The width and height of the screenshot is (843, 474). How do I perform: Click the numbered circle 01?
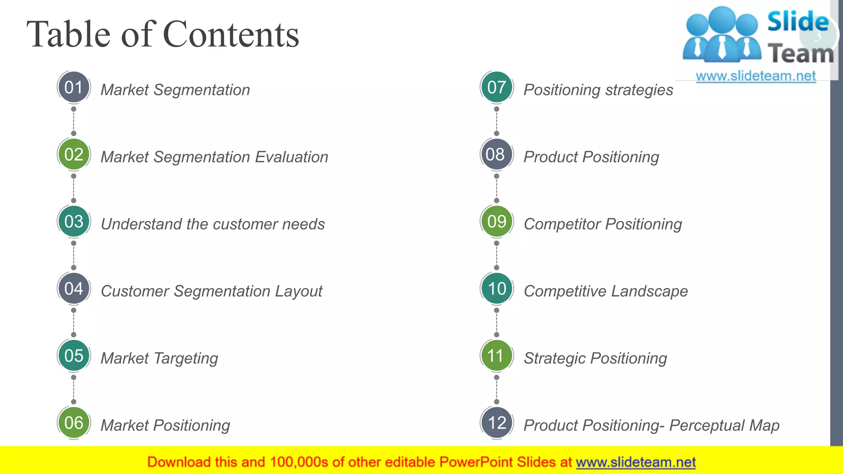74,87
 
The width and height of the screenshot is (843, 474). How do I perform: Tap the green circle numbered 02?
74,154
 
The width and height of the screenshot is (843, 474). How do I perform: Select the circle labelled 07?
496,87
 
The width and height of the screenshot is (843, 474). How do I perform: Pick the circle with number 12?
496,423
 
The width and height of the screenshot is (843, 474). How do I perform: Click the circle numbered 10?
496,288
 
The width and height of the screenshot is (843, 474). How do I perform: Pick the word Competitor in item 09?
562,224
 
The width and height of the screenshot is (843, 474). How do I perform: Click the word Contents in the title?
231,35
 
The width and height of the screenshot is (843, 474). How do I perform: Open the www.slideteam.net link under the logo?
756,76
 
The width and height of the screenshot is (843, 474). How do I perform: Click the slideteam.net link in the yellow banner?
636,462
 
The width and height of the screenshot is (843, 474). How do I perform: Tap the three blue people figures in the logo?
722,35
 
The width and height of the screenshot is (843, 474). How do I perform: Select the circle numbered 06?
74,423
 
